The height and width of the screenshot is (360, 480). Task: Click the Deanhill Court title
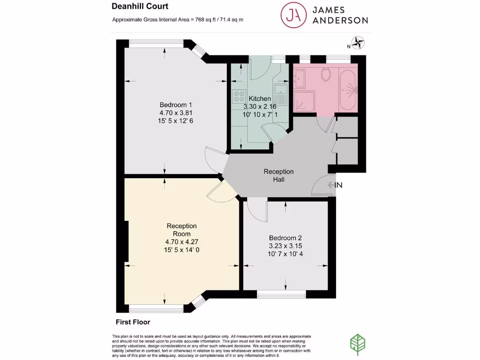pyautogui.click(x=140, y=7)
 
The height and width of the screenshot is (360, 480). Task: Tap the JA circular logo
pyautogui.click(x=293, y=15)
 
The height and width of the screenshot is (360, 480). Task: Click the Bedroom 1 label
pyautogui.click(x=176, y=105)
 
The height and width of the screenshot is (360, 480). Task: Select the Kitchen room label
pyautogui.click(x=260, y=98)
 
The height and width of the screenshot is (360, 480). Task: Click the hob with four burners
pyautogui.click(x=239, y=96)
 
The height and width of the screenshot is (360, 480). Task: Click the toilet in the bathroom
pyautogui.click(x=326, y=74)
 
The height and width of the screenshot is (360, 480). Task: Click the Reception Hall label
pyautogui.click(x=278, y=175)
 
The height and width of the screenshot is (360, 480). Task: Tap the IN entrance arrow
pyautogui.click(x=335, y=185)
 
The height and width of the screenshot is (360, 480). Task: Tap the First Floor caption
pyautogui.click(x=133, y=322)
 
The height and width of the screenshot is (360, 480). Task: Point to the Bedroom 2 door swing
pyautogui.click(x=257, y=210)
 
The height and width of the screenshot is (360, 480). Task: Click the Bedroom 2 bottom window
pyautogui.click(x=281, y=294)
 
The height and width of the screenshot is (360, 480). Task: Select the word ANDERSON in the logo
pyautogui.click(x=340, y=20)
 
